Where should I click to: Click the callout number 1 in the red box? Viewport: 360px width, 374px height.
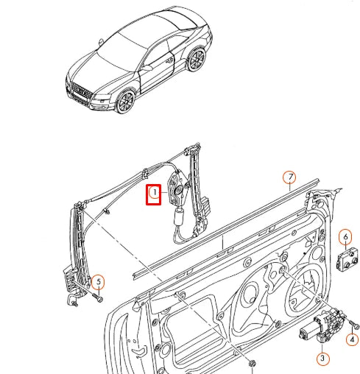tap(155, 193)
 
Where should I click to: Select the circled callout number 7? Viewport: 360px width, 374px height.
tap(289, 177)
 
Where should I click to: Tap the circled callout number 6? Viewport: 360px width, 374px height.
tap(345, 237)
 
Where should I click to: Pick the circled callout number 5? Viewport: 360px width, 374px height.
tap(98, 282)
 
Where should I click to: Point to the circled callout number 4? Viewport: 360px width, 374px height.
tap(353, 340)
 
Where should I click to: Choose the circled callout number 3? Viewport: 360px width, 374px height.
tap(323, 359)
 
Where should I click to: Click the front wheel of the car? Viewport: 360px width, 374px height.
tap(126, 101)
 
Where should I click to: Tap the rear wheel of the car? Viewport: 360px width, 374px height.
tap(197, 60)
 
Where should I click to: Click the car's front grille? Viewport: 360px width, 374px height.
tap(80, 91)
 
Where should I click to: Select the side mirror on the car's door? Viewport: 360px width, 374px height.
tap(147, 68)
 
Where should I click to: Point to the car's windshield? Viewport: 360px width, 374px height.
tap(121, 51)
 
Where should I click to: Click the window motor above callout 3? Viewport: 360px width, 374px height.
tap(322, 324)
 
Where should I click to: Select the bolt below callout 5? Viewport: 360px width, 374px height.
tap(98, 297)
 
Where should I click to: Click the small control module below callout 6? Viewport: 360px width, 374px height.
tap(347, 259)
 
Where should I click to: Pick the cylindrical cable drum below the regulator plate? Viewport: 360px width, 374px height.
tap(180, 216)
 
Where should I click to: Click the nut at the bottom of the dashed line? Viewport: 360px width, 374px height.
tap(252, 364)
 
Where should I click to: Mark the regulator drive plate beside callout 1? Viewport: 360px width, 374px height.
tap(177, 188)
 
